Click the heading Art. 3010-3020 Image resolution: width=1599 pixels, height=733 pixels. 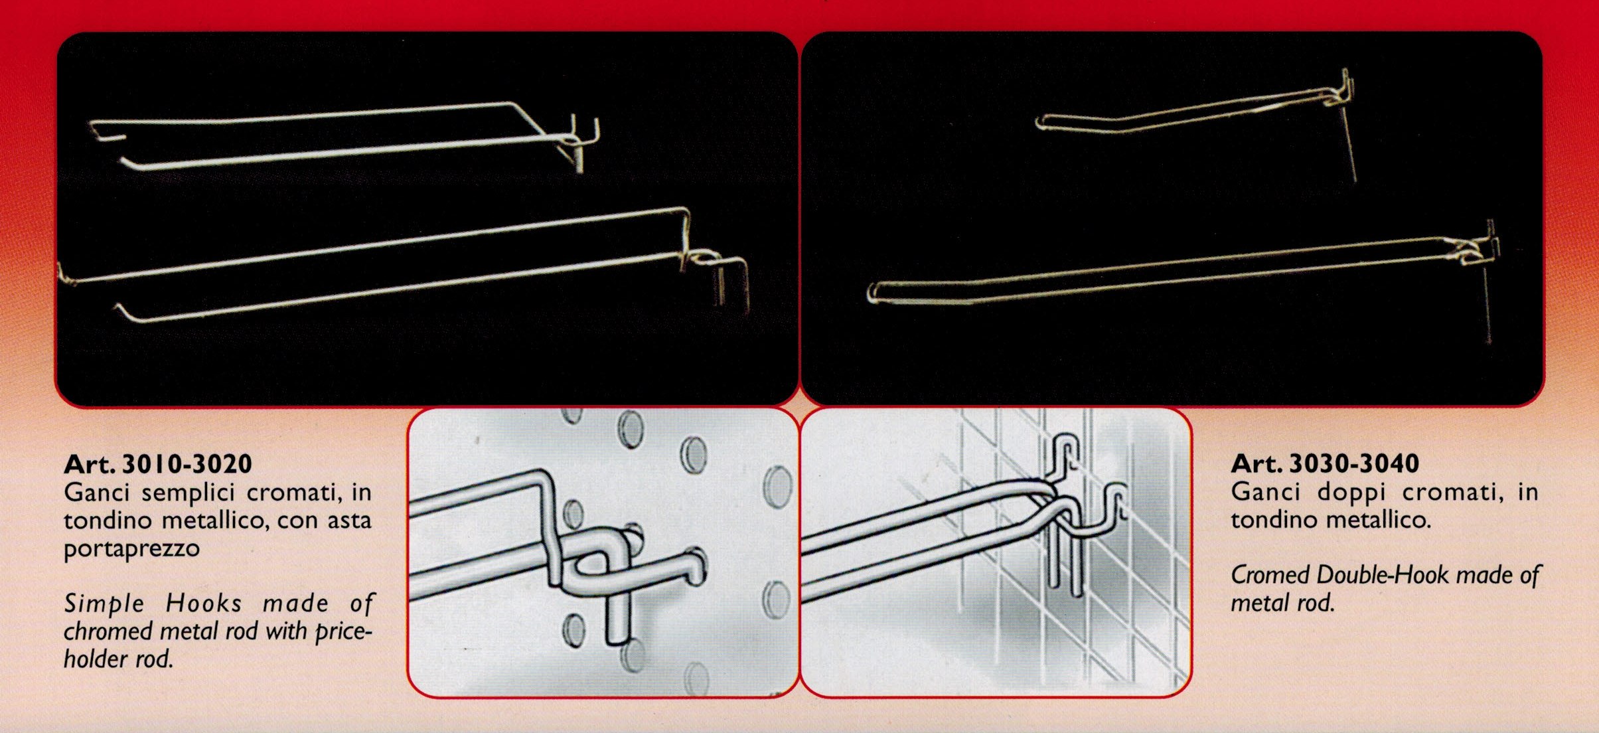158,463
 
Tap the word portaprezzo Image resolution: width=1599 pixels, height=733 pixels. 131,549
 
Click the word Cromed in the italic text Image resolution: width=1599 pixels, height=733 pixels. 1270,574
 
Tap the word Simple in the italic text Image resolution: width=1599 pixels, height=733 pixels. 104,604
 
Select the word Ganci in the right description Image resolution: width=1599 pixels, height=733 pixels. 1266,492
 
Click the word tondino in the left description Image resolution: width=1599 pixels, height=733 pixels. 108,520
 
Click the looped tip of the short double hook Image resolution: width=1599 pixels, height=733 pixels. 1042,122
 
